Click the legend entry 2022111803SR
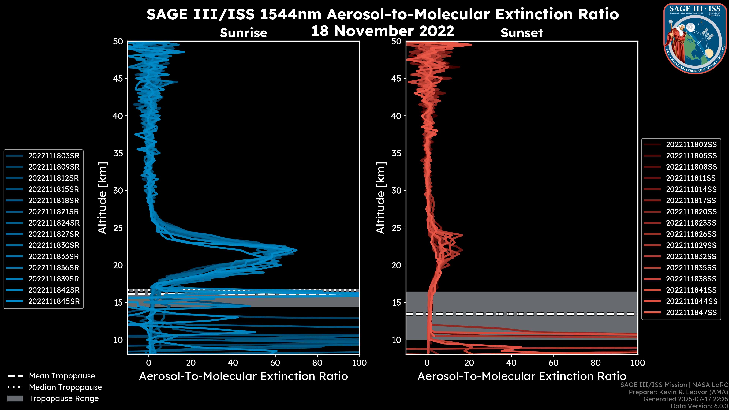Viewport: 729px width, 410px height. (54, 156)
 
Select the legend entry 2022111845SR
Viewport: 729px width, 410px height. (54, 301)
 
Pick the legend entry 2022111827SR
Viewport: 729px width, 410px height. (54, 234)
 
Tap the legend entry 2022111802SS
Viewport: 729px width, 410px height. (691, 145)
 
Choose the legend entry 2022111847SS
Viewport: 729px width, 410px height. (691, 312)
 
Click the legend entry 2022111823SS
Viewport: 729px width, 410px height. (691, 223)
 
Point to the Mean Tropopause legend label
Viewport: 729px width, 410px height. (62, 376)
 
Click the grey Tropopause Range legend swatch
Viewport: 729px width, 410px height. (15, 398)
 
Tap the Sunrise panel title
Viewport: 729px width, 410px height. (243, 33)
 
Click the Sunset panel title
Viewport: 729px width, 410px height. (522, 33)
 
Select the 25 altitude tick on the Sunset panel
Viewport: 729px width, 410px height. (396, 228)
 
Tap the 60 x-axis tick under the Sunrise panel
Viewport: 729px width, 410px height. (275, 363)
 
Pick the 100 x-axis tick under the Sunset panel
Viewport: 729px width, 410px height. (638, 363)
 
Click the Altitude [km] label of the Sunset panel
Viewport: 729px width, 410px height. (381, 198)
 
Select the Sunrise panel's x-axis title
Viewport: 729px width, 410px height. (243, 376)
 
